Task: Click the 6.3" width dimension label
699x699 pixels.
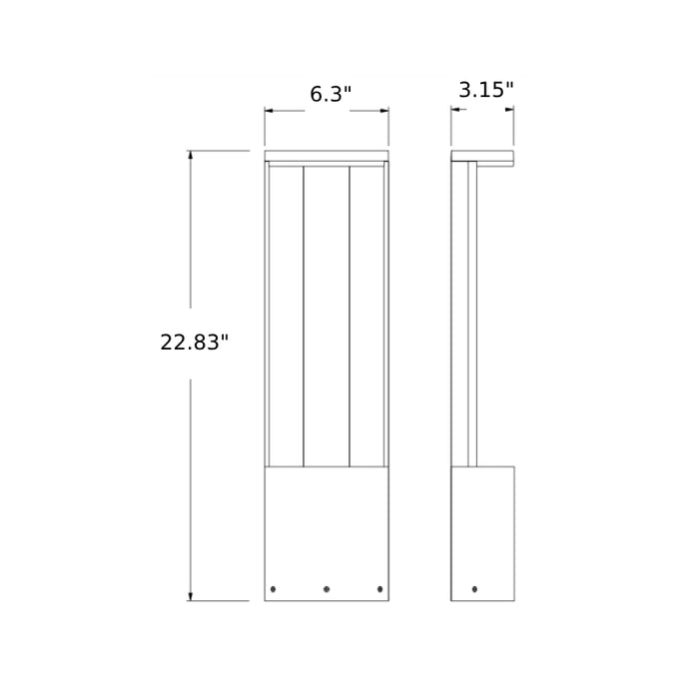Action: (x=331, y=95)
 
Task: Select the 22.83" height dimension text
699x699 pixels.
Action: (x=195, y=343)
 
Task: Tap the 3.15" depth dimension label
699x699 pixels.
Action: (x=486, y=90)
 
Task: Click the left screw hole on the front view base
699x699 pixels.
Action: (x=273, y=588)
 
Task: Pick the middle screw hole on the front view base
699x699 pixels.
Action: (x=327, y=589)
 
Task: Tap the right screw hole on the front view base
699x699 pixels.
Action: (x=379, y=588)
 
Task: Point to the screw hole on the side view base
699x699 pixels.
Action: (x=474, y=589)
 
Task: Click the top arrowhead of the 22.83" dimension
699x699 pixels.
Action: (x=190, y=156)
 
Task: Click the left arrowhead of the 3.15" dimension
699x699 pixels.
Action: (x=455, y=110)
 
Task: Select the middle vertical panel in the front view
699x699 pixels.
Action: (x=327, y=315)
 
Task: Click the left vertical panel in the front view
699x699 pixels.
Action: (x=286, y=315)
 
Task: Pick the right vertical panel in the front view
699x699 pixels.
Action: (x=366, y=315)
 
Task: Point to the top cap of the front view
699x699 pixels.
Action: (x=327, y=156)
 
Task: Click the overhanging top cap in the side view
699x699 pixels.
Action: (x=482, y=157)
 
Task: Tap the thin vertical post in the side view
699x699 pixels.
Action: (x=472, y=315)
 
